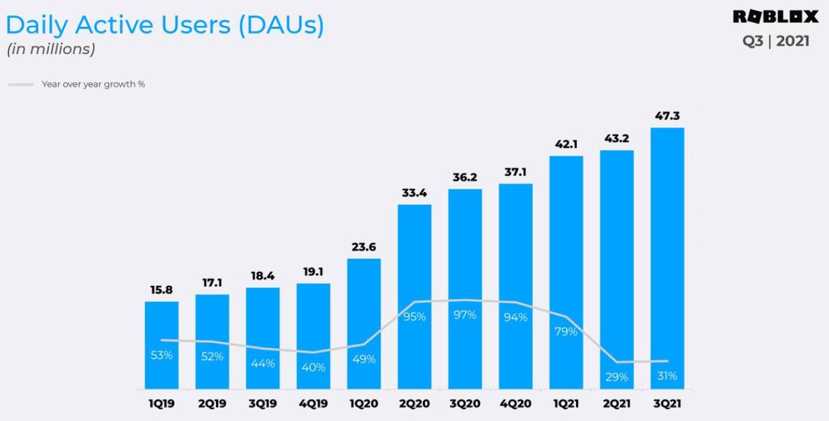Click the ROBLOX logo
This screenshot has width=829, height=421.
pyautogui.click(x=775, y=16)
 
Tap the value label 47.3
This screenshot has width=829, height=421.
pyautogui.click(x=667, y=116)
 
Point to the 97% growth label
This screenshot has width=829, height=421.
pyautogui.click(x=465, y=315)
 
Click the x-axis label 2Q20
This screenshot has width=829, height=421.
pyautogui.click(x=414, y=405)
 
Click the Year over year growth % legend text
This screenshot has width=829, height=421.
pyautogui.click(x=93, y=84)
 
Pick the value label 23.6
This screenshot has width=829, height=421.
pyautogui.click(x=364, y=247)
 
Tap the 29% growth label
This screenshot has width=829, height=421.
pyautogui.click(x=616, y=377)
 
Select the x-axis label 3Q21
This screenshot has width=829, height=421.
pyautogui.click(x=667, y=405)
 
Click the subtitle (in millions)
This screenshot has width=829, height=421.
pyautogui.click(x=50, y=49)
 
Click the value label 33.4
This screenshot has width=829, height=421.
pyautogui.click(x=414, y=193)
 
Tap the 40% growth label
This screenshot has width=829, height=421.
pyautogui.click(x=313, y=367)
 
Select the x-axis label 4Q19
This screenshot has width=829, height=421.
pyautogui.click(x=313, y=405)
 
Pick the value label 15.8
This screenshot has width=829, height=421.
pyautogui.click(x=162, y=290)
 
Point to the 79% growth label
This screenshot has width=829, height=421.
pyautogui.click(x=566, y=331)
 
